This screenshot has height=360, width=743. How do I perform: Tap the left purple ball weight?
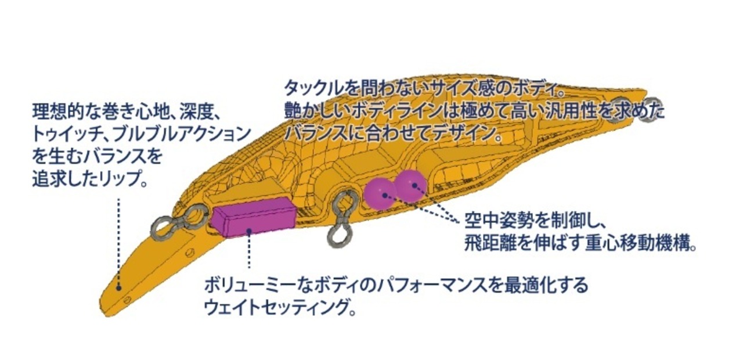[x=380, y=193]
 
